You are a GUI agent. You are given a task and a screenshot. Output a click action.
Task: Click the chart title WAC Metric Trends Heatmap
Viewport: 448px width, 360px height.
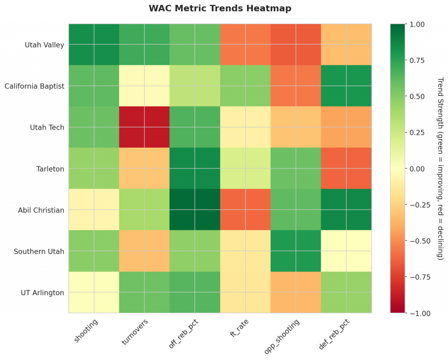click(220, 8)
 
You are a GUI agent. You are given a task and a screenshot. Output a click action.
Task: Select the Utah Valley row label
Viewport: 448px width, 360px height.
click(44, 45)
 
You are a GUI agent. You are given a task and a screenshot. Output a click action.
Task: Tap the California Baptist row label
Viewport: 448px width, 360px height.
click(34, 86)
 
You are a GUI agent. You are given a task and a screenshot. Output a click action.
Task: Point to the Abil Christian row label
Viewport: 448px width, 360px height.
click(41, 210)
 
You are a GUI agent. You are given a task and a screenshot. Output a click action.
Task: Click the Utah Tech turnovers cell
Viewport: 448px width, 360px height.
click(144, 127)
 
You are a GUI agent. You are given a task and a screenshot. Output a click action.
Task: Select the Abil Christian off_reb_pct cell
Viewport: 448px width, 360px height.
click(195, 210)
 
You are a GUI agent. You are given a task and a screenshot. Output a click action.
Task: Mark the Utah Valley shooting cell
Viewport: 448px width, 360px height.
click(94, 45)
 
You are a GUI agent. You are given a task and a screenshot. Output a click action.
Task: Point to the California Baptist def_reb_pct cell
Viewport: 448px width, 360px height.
click(346, 86)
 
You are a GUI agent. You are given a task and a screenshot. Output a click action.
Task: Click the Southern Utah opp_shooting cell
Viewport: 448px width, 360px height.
click(296, 251)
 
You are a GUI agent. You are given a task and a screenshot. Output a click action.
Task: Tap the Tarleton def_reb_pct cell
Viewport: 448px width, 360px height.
click(346, 169)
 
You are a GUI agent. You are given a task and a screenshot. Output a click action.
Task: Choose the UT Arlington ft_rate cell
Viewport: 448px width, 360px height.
click(245, 292)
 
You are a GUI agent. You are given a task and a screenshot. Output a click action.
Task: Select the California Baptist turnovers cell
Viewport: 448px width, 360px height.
click(144, 86)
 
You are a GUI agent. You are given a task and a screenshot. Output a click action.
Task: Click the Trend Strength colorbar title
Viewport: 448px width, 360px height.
click(440, 169)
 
